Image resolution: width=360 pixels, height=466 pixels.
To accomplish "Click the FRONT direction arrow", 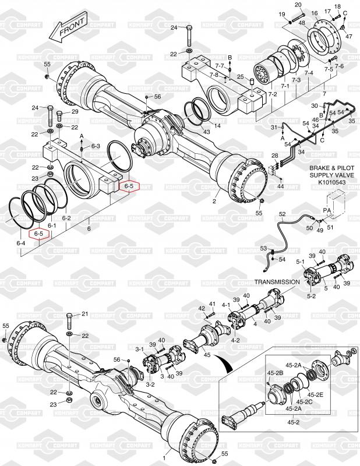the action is point(68,27).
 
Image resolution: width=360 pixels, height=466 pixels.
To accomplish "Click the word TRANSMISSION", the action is point(277,282).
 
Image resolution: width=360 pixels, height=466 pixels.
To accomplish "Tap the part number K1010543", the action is point(327,182).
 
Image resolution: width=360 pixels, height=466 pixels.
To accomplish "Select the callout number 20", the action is point(298,5).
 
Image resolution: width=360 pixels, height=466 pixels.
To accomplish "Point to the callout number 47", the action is point(349,36).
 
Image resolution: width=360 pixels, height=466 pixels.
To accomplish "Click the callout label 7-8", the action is point(213,75).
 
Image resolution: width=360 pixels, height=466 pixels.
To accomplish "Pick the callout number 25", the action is point(240,77).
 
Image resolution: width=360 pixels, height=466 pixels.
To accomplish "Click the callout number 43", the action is point(206,132).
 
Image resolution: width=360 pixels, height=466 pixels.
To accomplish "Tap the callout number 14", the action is point(217,125).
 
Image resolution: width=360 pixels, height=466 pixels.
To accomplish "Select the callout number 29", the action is point(75,111).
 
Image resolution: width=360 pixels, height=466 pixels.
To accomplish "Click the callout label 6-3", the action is point(96,146).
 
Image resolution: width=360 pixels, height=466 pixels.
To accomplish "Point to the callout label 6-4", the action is point(20,243).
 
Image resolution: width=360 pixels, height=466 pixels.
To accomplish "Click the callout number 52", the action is point(282,214).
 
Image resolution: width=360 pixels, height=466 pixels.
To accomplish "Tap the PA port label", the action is point(327,210).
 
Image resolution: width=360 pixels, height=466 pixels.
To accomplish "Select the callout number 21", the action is point(85,313).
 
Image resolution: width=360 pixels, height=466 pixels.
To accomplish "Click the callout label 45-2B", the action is point(275,373).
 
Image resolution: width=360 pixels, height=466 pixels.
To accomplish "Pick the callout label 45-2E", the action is point(315,395).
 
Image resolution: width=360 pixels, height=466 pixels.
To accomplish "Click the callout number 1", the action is point(164,458).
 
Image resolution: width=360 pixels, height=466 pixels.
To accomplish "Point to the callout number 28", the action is point(275,156).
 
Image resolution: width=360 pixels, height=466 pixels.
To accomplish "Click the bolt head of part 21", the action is point(70,315).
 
